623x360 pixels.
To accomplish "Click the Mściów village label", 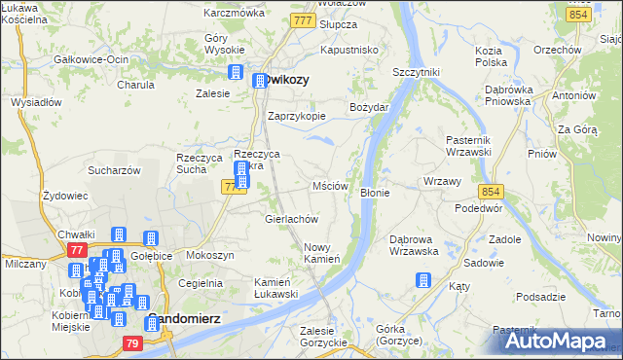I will click(x=330, y=186).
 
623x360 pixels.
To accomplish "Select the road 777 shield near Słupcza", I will click(x=304, y=19).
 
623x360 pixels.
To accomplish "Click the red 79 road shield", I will click(x=132, y=342).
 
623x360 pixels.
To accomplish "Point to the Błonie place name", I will click(x=375, y=193).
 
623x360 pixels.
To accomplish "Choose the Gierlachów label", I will click(x=292, y=219).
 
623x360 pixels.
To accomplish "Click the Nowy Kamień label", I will click(x=321, y=252).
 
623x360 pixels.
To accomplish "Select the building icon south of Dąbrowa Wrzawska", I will click(x=422, y=281).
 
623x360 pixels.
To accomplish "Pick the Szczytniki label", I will click(x=417, y=72).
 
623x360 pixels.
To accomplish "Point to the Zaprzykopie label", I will click(x=296, y=115).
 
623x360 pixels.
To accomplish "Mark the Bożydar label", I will click(x=370, y=106).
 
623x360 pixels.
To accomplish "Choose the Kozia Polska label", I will click(x=489, y=55).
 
